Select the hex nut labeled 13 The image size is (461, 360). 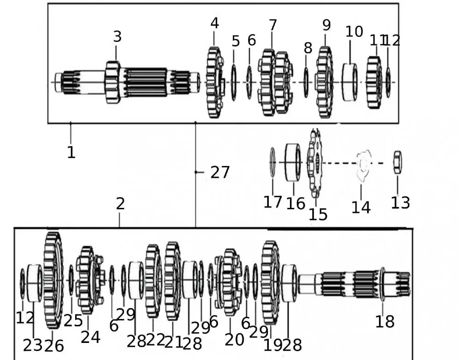[x=397, y=162]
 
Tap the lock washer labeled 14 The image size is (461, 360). [x=363, y=164]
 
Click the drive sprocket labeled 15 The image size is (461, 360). [x=315, y=162]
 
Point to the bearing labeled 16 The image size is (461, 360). [x=292, y=162]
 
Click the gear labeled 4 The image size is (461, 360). [x=214, y=83]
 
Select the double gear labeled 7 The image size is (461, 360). [x=275, y=83]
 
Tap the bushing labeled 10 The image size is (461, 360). [x=350, y=82]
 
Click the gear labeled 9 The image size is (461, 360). [x=325, y=82]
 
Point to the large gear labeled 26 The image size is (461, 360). [x=53, y=280]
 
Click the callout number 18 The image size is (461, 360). [x=384, y=321]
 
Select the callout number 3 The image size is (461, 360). [x=118, y=37]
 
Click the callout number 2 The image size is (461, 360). [x=120, y=204]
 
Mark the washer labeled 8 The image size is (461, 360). [x=306, y=83]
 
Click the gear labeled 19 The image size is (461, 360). [x=271, y=282]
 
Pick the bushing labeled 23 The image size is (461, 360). [x=34, y=283]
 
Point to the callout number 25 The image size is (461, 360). [x=73, y=320]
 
